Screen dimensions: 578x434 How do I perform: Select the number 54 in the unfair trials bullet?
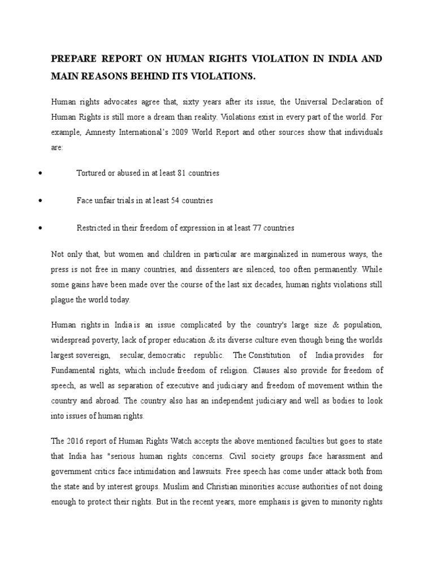click(179, 200)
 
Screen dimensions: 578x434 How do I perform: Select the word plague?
click(63, 300)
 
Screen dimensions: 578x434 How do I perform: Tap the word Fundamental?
click(73, 371)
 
